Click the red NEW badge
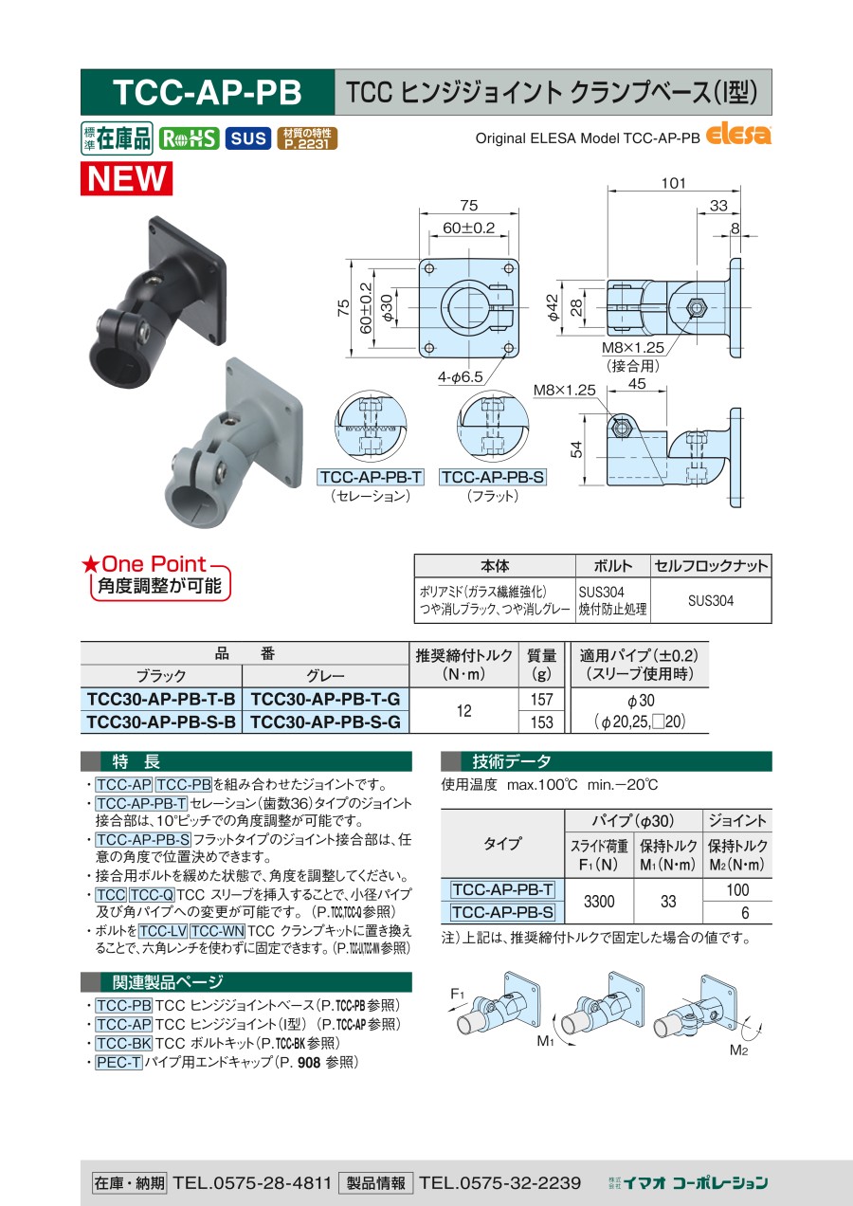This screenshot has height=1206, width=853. (x=126, y=178)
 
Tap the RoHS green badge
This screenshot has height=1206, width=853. (x=189, y=138)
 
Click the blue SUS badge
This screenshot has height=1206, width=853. (x=248, y=138)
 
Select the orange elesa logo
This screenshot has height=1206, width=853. (x=737, y=135)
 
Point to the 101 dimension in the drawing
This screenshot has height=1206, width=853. (x=673, y=183)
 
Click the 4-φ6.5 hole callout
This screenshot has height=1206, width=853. (x=460, y=377)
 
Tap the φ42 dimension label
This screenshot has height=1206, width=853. (x=553, y=307)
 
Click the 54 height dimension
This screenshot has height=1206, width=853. (x=576, y=449)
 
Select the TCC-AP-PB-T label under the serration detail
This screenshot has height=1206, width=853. (x=371, y=477)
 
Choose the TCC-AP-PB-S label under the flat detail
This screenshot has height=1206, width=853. (x=493, y=477)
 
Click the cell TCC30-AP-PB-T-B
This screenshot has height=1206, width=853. (x=161, y=699)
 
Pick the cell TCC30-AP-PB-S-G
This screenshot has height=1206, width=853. (x=326, y=722)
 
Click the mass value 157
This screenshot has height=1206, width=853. (x=541, y=699)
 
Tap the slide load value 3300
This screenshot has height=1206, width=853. (x=599, y=901)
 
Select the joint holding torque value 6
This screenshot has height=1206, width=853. (x=745, y=913)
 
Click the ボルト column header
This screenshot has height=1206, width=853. (x=613, y=566)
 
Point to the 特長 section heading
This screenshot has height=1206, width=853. (x=136, y=761)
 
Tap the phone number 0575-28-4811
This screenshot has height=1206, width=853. (x=272, y=1182)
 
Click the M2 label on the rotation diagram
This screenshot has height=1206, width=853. (x=738, y=1050)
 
